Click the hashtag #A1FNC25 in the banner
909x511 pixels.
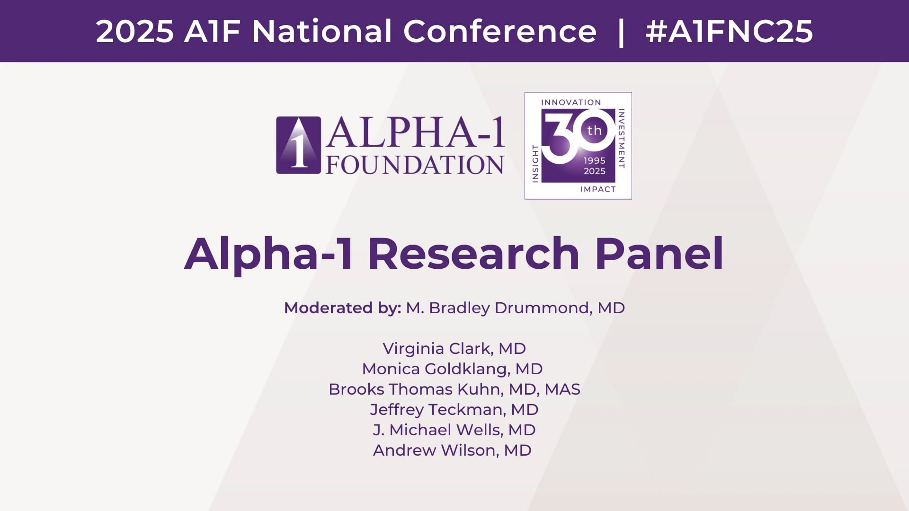[x=729, y=32]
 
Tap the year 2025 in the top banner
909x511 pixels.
[x=135, y=32]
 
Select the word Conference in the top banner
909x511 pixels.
[x=500, y=32]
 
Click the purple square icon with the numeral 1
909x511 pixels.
[x=298, y=145]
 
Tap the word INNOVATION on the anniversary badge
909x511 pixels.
[x=571, y=102]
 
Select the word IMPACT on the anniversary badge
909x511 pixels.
[x=598, y=189]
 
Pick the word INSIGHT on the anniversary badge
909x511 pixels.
[x=535, y=163]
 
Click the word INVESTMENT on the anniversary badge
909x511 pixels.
[x=622, y=139]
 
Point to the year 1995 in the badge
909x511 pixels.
[x=595, y=160]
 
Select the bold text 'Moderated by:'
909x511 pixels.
[x=343, y=308]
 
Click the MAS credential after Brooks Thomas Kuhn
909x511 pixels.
[x=562, y=389]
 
